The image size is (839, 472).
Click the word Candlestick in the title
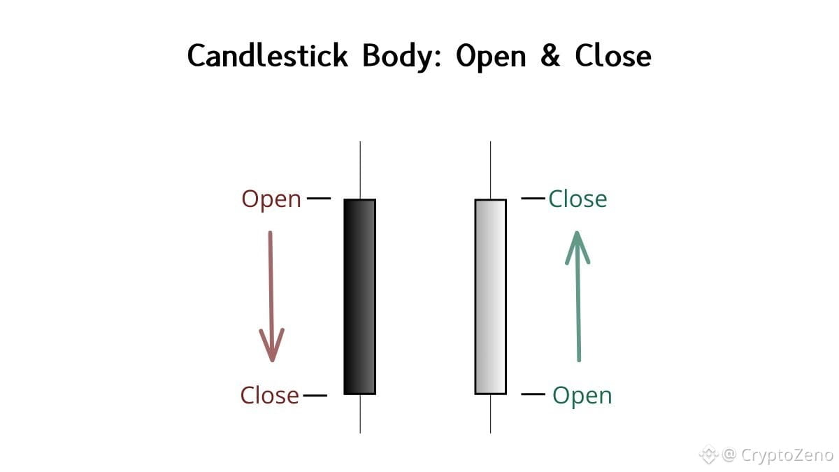tap(268, 56)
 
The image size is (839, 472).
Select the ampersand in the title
tap(550, 56)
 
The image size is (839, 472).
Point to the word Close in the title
tap(613, 56)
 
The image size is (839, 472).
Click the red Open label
tap(271, 199)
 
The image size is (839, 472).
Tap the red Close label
tap(270, 396)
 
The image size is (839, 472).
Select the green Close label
tap(578, 199)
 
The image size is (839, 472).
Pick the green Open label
tap(582, 396)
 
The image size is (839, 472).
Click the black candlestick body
tap(360, 296)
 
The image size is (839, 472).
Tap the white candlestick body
tap(490, 296)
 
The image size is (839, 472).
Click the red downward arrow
tap(271, 296)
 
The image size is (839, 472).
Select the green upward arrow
tap(578, 296)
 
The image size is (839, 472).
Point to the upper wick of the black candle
tap(360, 170)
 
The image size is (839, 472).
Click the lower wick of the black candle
tap(360, 413)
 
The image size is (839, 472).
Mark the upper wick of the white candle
tap(490, 170)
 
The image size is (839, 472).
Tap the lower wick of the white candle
tap(490, 413)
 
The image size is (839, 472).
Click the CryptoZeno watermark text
tap(787, 455)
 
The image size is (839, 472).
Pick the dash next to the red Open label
tap(318, 199)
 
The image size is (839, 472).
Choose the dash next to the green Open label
tap(533, 395)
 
